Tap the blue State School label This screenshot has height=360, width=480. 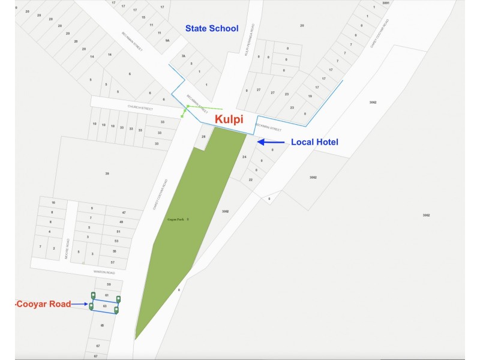211,28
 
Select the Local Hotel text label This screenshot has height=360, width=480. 314,142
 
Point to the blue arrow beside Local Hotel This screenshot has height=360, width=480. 271,142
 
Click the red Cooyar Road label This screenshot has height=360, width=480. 42,304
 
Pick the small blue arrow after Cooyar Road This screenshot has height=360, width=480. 80,304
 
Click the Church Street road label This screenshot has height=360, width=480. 140,108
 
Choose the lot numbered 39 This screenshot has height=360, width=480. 107,173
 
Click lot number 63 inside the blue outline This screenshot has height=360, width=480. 105,306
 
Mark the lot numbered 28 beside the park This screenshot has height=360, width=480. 203,137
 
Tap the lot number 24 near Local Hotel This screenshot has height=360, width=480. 244,157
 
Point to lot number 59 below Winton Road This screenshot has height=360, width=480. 109,284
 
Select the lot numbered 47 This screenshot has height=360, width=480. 124,213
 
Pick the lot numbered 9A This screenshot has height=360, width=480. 168,40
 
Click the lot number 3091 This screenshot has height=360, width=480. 386,3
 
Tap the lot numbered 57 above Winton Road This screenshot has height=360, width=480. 112,263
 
